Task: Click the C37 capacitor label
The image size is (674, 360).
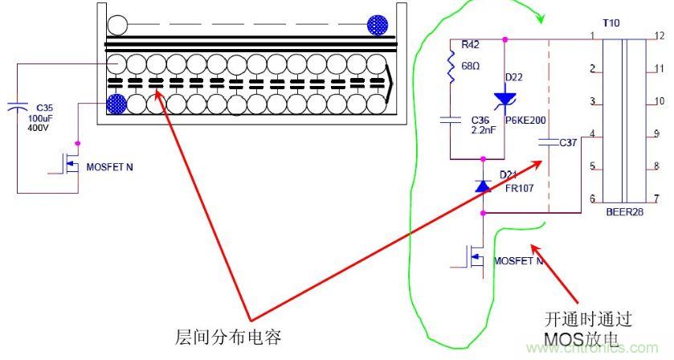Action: point(568,143)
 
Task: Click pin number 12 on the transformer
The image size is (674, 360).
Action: point(658,36)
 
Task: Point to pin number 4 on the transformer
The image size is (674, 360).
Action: point(592,133)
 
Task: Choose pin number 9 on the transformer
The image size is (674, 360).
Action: point(656,133)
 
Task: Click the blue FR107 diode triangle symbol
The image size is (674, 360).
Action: point(482,186)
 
